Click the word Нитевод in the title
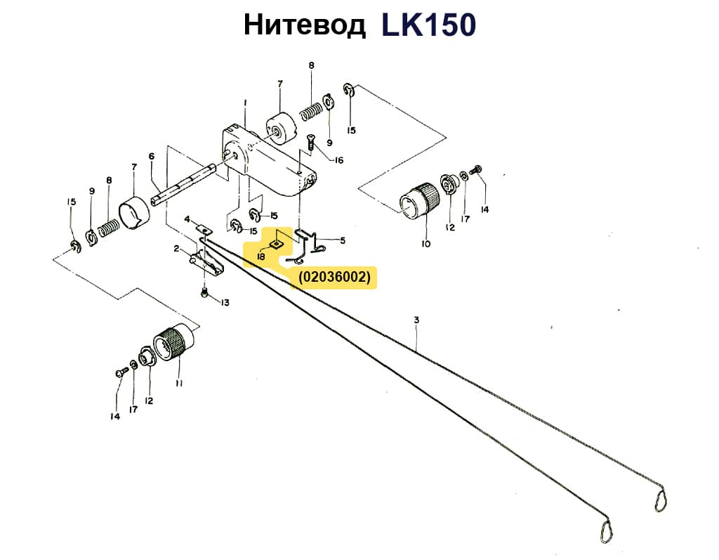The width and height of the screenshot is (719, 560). pos(304,25)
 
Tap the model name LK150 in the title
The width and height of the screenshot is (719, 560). pos(429,25)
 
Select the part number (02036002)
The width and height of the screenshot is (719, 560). pos(334,278)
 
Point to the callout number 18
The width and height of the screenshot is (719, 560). pos(260,257)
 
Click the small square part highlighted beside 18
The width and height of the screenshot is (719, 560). pos(278,243)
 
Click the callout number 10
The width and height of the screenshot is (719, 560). pos(426,244)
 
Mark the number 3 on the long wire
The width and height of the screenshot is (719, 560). pos(416,320)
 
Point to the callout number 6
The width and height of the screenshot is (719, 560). pos(151,156)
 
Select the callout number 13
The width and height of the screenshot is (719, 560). pos(225,302)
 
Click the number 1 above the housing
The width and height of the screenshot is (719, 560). pos(245,103)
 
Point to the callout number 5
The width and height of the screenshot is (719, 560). pos(343,240)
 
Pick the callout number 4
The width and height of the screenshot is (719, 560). pos(187,219)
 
